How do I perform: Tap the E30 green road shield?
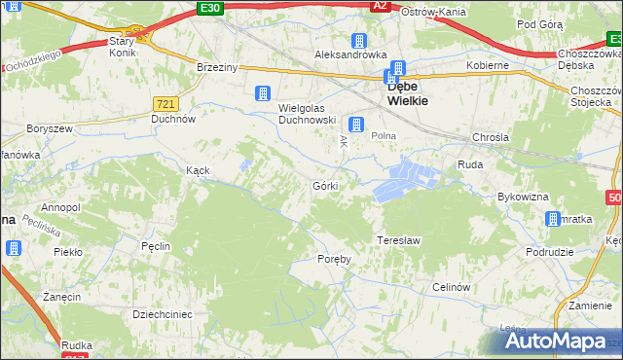pyautogui.click(x=209, y=8)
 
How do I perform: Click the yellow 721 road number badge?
pyautogui.click(x=165, y=102)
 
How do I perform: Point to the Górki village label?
pyautogui.click(x=325, y=186)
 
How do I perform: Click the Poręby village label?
pyautogui.click(x=334, y=259)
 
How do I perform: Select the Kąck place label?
pyautogui.click(x=199, y=169)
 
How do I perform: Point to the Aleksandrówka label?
pyautogui.click(x=350, y=55)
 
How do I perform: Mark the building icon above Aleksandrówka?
pyautogui.click(x=359, y=40)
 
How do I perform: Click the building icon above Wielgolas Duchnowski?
pyautogui.click(x=261, y=93)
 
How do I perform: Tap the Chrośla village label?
pyautogui.click(x=490, y=138)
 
